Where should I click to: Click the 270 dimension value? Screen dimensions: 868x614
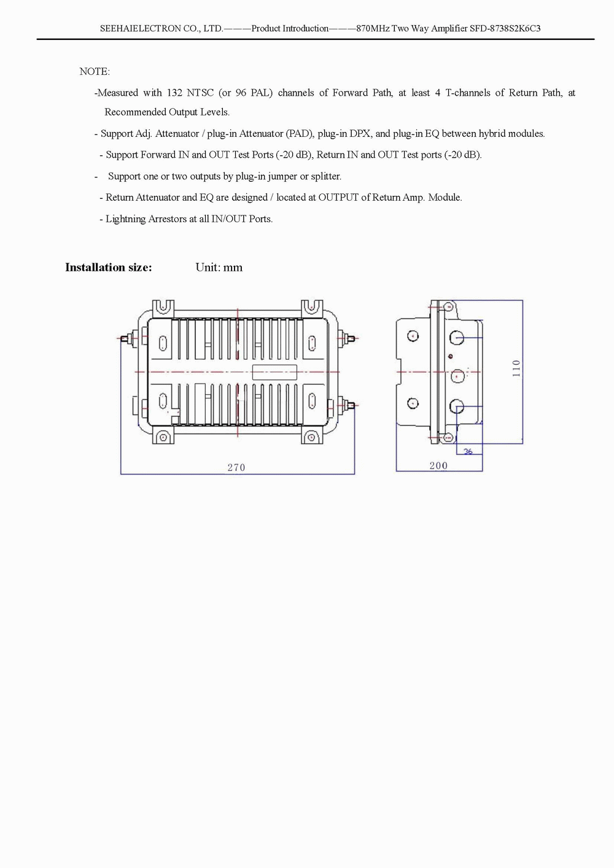pyautogui.click(x=236, y=468)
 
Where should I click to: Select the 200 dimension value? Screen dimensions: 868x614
pyautogui.click(x=438, y=466)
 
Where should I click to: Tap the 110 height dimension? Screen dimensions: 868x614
pyautogui.click(x=516, y=368)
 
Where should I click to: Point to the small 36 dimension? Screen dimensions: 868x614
pyautogui.click(x=468, y=452)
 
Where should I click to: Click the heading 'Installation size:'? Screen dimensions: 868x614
pyautogui.click(x=109, y=268)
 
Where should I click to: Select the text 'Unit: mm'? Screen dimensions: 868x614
pyautogui.click(x=219, y=268)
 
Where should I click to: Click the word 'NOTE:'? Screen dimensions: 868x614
pyautogui.click(x=95, y=72)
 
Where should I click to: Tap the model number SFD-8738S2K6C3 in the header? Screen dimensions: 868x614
pyautogui.click(x=505, y=29)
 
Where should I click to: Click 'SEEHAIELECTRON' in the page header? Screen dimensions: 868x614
pyautogui.click(x=141, y=29)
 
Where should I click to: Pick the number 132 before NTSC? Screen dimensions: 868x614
pyautogui.click(x=174, y=93)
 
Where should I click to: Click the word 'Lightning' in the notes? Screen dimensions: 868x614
pyautogui.click(x=126, y=219)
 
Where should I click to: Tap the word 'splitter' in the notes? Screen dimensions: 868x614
pyautogui.click(x=325, y=177)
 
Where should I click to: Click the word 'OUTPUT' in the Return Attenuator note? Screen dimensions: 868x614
pyautogui.click(x=338, y=198)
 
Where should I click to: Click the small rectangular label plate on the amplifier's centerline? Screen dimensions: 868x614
pyautogui.click(x=274, y=372)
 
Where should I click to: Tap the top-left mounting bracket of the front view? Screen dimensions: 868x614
pyautogui.click(x=163, y=307)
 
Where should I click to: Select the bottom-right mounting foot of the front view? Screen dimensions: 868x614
pyautogui.click(x=311, y=437)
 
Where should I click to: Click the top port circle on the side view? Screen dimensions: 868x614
pyautogui.click(x=457, y=338)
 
